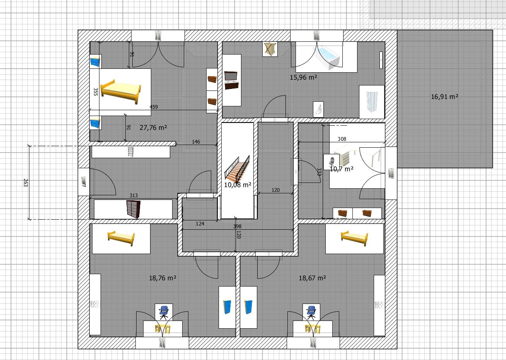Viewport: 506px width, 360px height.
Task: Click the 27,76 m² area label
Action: pos(153,128)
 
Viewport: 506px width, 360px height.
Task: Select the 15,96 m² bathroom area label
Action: pos(303,77)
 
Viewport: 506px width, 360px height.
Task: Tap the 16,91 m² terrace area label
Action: pos(444,97)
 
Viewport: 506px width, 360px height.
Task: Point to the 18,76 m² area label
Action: pos(162,278)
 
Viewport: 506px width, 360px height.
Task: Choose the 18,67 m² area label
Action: pos(313,278)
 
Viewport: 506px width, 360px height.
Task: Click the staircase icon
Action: pos(237,169)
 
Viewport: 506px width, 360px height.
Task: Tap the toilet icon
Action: pos(318,109)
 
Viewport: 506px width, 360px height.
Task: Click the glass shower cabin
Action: pos(372,102)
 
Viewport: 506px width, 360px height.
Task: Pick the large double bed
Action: pos(121,92)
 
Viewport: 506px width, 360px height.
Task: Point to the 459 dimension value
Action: pos(154,107)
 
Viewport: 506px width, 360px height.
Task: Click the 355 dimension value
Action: pos(96,92)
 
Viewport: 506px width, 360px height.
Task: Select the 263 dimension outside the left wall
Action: pos(26,183)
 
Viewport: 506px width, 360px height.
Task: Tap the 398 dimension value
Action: pos(238,226)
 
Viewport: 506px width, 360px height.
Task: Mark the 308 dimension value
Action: pos(342,139)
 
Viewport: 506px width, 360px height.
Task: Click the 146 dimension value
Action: pos(196,142)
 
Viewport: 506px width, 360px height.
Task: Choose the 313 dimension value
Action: pos(133,196)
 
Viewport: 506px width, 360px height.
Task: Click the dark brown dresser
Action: pos(133,209)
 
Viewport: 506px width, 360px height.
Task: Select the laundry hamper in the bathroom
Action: pos(270,49)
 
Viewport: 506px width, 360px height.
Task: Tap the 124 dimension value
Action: pos(200,224)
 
